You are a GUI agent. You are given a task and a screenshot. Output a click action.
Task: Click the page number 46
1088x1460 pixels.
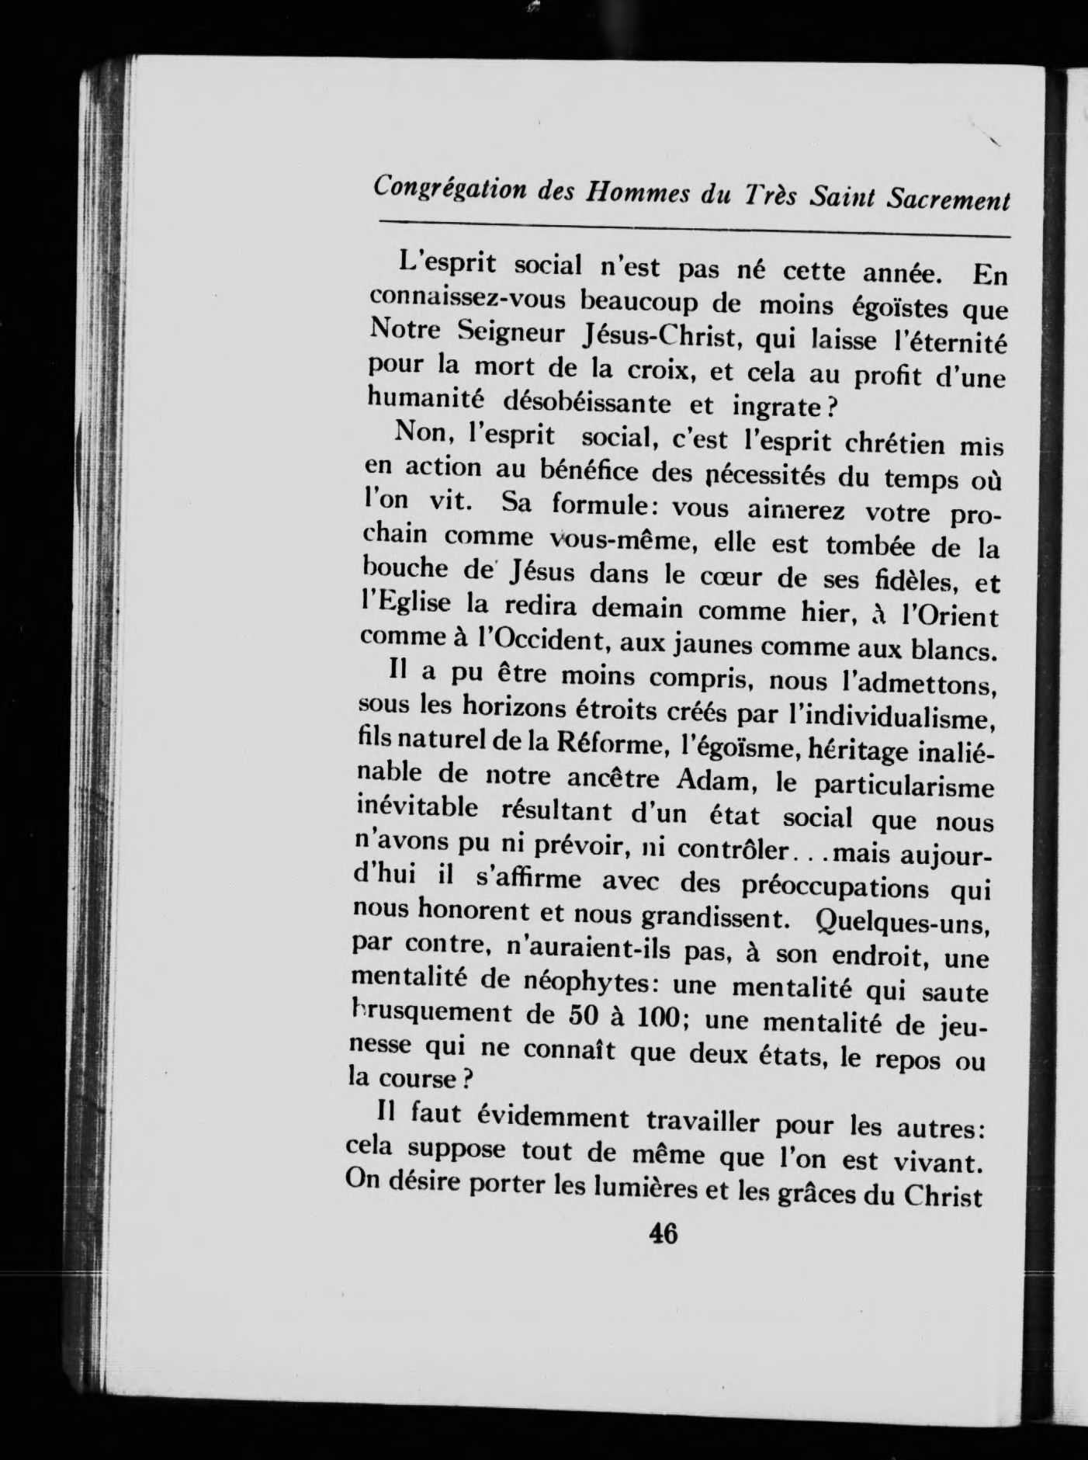point(664,1233)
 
